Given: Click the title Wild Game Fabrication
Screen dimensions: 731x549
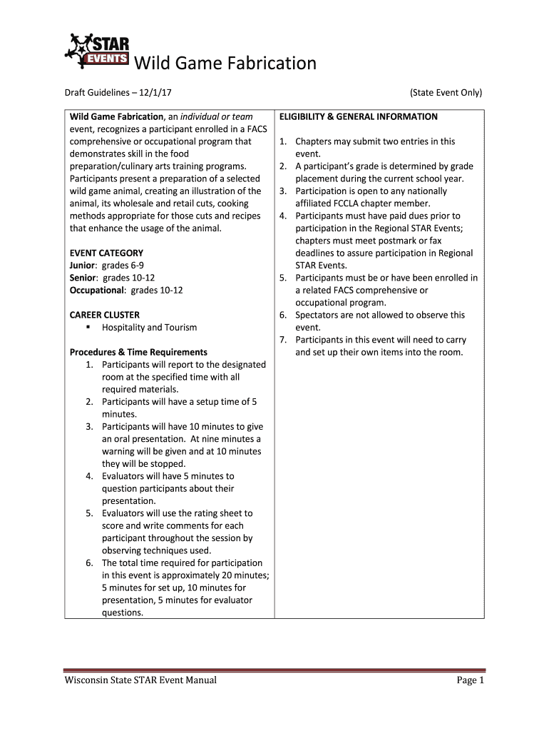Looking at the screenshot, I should pyautogui.click(x=225, y=64).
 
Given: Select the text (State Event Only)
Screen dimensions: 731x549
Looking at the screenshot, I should pyautogui.click(x=446, y=93).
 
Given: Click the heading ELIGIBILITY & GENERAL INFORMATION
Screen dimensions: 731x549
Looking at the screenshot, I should pyautogui.click(x=359, y=116).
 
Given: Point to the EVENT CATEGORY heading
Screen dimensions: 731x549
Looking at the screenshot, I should pyautogui.click(x=106, y=253).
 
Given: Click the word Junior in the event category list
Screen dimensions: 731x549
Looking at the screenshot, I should pyautogui.click(x=84, y=266).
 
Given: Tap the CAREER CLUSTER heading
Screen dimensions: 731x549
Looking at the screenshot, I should pyautogui.click(x=104, y=315).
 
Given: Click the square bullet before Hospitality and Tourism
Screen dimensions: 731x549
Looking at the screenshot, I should pyautogui.click(x=88, y=327).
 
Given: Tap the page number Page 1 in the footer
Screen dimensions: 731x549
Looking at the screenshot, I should pyautogui.click(x=471, y=680).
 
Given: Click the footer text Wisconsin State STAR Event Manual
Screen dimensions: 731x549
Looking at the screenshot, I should pyautogui.click(x=140, y=680).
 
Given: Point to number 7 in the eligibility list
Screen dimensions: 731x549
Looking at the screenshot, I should pyautogui.click(x=282, y=340).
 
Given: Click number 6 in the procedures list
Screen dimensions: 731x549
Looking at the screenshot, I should pyautogui.click(x=89, y=563).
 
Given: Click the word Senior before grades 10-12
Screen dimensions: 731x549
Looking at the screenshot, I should pyautogui.click(x=84, y=278).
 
